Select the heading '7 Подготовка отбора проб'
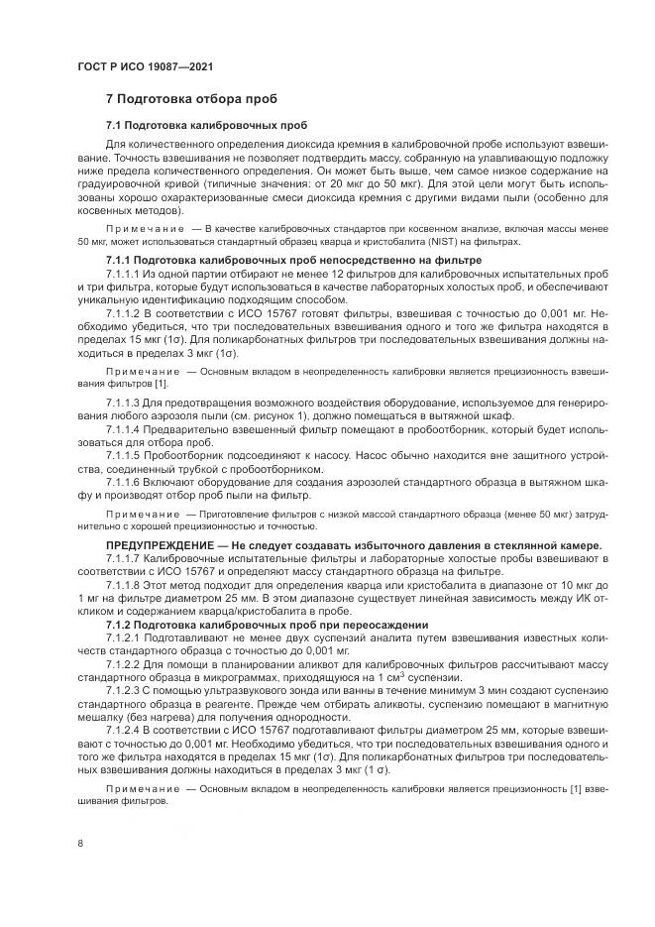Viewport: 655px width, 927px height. (x=191, y=99)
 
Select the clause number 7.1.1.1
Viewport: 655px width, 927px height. (x=123, y=273)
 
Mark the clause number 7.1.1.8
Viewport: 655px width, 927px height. (x=123, y=586)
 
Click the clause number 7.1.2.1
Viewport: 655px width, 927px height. (x=123, y=639)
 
